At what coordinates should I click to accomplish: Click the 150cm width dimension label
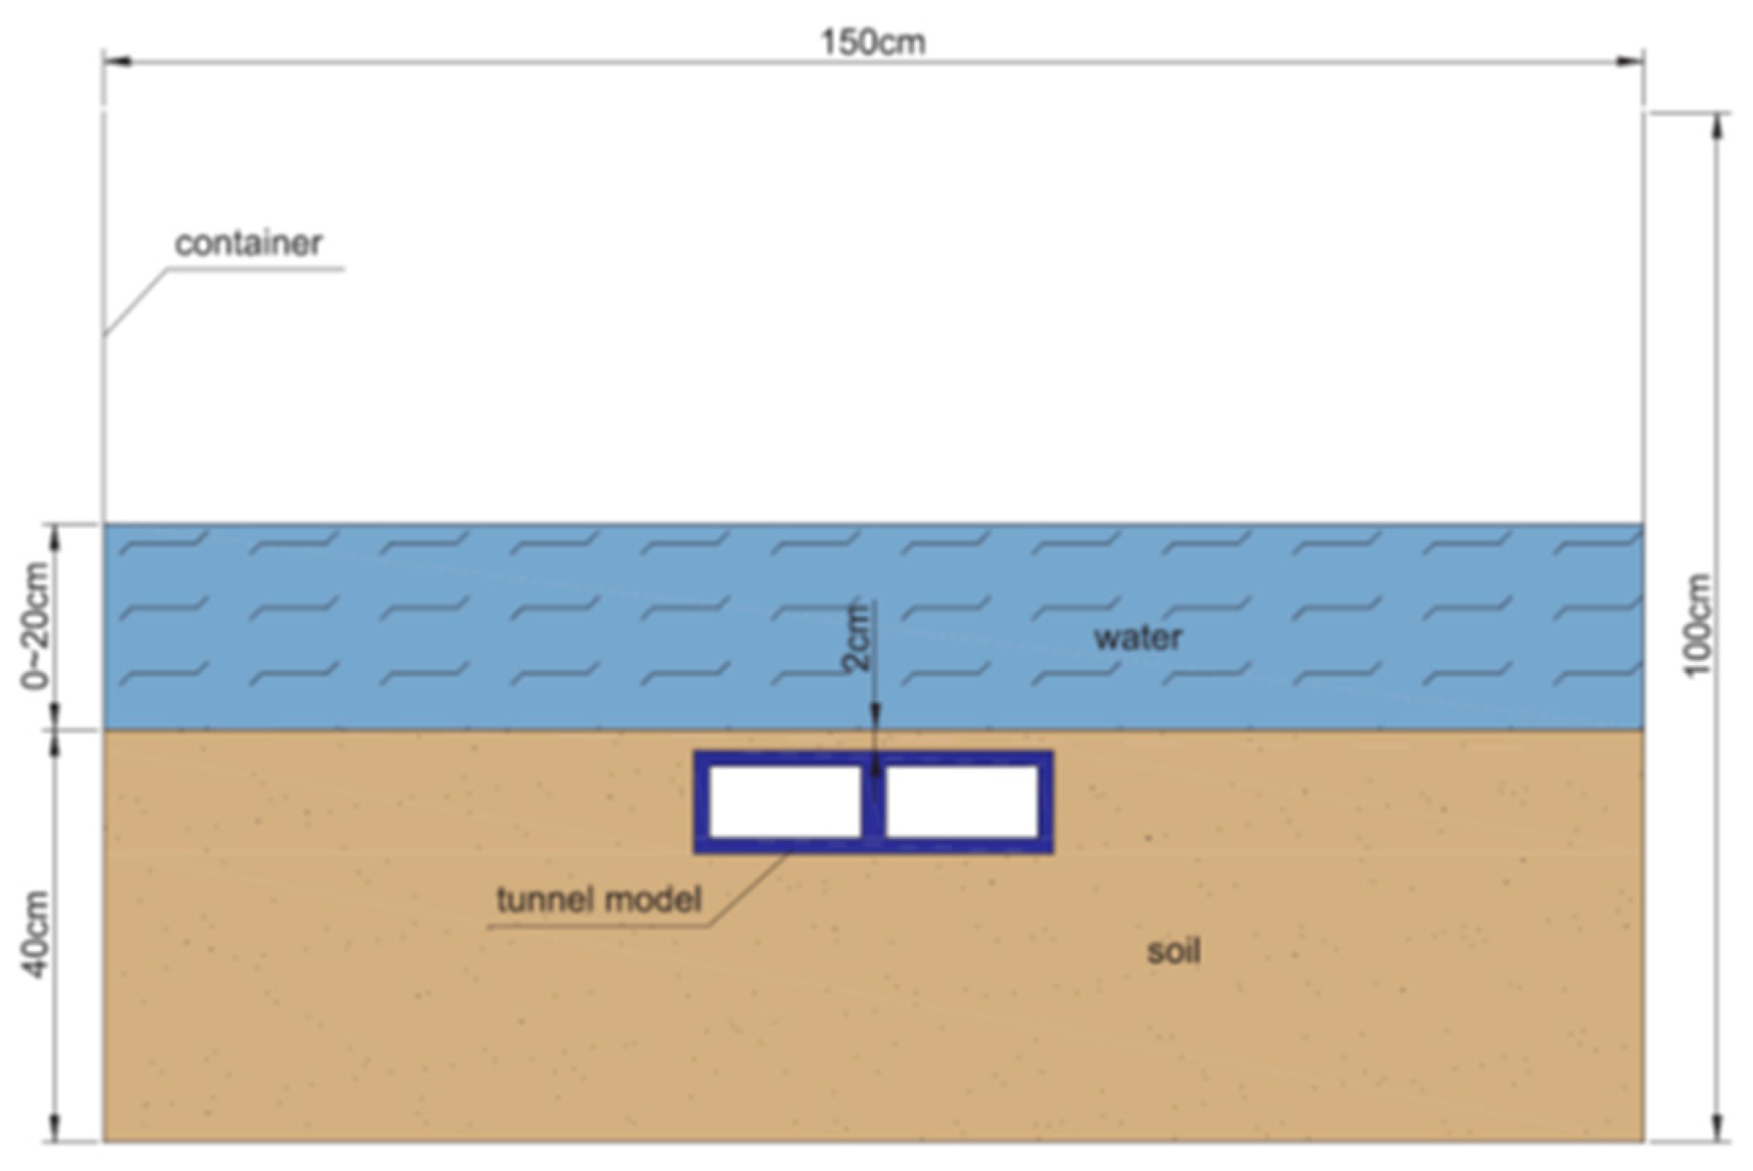pyautogui.click(x=873, y=41)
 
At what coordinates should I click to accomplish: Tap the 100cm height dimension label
pyautogui.click(x=1698, y=625)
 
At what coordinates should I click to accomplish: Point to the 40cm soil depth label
pyautogui.click(x=36, y=934)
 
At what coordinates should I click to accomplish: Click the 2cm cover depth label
pyautogui.click(x=858, y=636)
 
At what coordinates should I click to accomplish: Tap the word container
pyautogui.click(x=248, y=244)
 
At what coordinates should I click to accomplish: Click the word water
pyautogui.click(x=1138, y=637)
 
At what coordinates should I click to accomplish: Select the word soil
pyautogui.click(x=1174, y=951)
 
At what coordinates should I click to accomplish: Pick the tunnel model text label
pyautogui.click(x=599, y=899)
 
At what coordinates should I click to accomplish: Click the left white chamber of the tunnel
pyautogui.click(x=785, y=801)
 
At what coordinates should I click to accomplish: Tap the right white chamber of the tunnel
pyautogui.click(x=962, y=801)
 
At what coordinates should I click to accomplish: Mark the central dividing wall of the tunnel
pyautogui.click(x=874, y=801)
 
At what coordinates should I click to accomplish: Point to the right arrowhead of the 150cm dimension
pyautogui.click(x=1629, y=62)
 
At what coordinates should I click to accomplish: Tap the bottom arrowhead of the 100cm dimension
pyautogui.click(x=1715, y=1126)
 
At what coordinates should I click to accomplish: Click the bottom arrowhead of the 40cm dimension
pyautogui.click(x=55, y=1126)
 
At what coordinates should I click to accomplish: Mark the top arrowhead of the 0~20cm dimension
pyautogui.click(x=55, y=538)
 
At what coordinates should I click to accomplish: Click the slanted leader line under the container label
pyautogui.click(x=137, y=303)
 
